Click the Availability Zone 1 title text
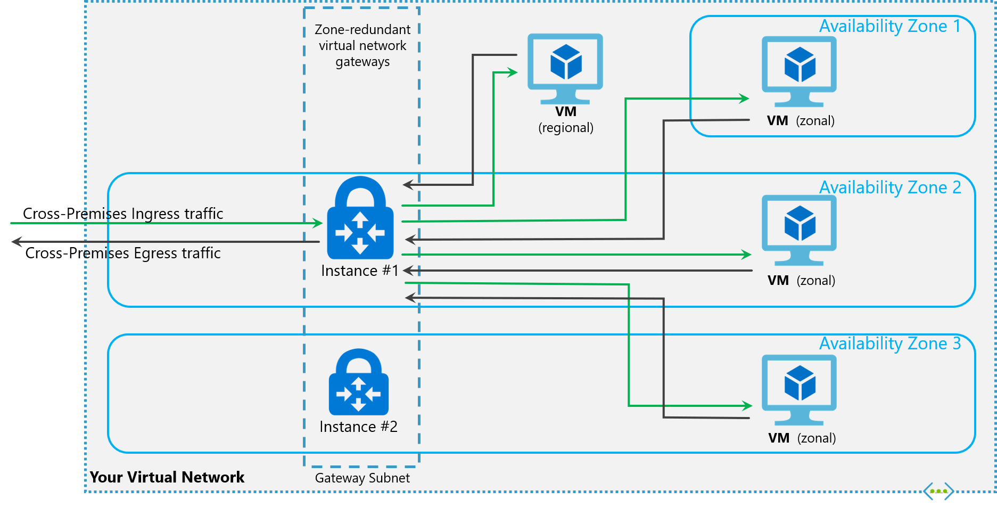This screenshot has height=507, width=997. click(889, 26)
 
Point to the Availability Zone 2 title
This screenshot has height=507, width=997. click(889, 187)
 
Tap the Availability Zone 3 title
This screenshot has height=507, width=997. click(889, 344)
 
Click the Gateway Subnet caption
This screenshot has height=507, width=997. click(362, 478)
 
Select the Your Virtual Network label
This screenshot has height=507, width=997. click(167, 477)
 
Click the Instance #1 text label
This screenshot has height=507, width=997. click(360, 271)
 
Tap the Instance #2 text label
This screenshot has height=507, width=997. click(358, 427)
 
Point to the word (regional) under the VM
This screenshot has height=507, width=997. click(566, 128)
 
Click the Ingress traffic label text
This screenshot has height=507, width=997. click(154, 214)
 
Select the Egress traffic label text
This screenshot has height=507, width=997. click(153, 253)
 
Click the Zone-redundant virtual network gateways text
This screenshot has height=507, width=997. click(362, 45)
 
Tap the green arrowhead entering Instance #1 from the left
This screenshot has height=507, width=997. click(318, 223)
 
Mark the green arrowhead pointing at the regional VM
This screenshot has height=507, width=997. click(513, 72)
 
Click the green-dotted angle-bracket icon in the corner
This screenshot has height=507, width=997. click(938, 491)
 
